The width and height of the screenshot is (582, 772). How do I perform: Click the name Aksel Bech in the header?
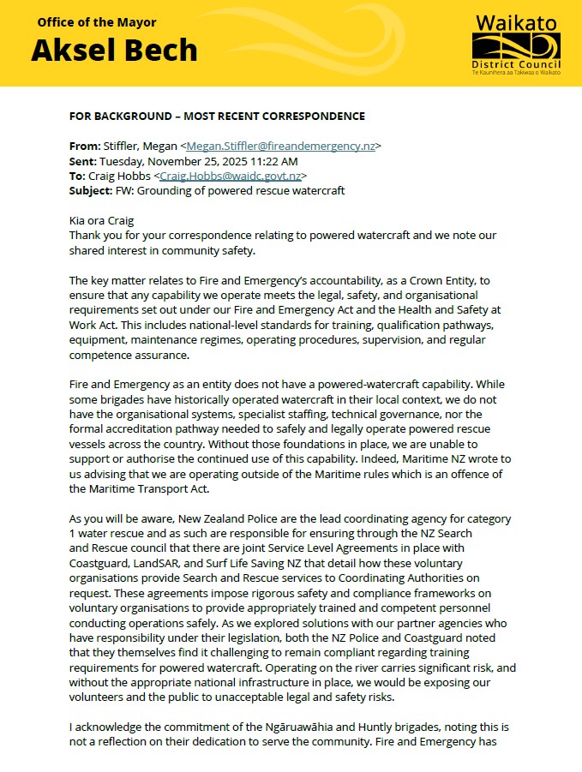pos(114,51)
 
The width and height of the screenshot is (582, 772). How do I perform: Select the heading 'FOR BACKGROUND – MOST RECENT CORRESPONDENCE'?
pos(217,117)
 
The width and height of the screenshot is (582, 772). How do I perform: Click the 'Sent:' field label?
pos(84,161)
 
